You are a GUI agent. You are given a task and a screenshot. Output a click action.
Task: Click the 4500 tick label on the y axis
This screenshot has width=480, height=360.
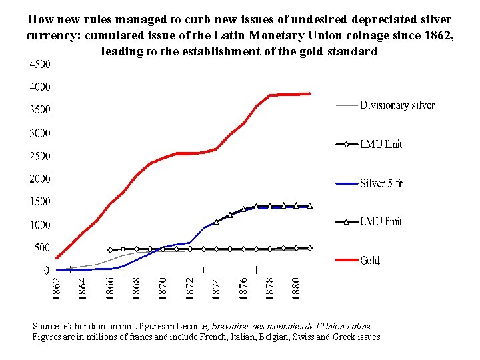click(x=39, y=65)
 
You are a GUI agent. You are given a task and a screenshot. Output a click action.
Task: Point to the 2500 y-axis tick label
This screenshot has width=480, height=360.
click(x=39, y=156)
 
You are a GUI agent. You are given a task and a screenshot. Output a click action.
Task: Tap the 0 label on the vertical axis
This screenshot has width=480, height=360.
click(x=46, y=271)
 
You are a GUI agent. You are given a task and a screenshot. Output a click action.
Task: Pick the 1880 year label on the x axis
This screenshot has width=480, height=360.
click(x=297, y=288)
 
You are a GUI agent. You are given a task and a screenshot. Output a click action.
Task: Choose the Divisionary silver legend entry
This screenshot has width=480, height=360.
click(x=397, y=105)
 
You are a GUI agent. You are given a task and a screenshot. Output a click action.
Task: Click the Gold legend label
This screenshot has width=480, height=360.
click(x=370, y=261)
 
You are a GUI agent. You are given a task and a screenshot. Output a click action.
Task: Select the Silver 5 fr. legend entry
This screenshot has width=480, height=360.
click(x=381, y=183)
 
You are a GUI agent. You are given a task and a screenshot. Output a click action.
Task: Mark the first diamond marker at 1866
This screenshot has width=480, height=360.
click(x=110, y=249)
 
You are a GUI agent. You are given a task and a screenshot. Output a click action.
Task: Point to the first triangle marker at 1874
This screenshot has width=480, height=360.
click(x=217, y=221)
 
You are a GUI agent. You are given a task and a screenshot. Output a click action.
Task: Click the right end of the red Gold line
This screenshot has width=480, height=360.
click(x=310, y=93)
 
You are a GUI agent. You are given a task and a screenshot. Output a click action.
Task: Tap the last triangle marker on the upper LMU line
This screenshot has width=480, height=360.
click(x=310, y=206)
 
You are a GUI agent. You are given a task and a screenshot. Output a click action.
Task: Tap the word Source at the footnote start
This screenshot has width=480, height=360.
click(x=47, y=327)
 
